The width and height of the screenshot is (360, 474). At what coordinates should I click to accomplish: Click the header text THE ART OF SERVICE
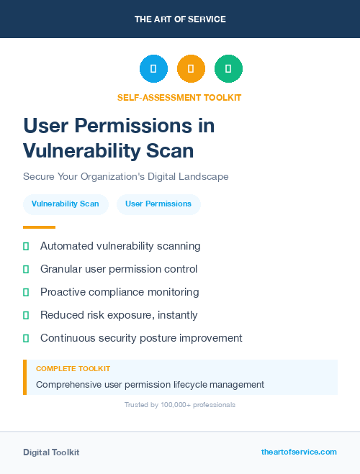180,19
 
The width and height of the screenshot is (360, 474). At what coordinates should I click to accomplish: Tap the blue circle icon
153,69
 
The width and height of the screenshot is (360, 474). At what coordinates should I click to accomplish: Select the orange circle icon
191,69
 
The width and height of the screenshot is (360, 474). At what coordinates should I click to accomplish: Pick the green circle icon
228,69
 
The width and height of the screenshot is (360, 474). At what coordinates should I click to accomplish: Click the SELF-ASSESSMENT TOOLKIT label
179,97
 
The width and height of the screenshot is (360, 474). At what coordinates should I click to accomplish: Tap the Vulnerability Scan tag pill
66,204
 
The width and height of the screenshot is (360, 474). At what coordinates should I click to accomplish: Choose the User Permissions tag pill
158,204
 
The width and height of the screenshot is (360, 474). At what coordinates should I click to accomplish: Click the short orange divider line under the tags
39,227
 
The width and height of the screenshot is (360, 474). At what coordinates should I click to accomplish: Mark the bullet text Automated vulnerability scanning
120,246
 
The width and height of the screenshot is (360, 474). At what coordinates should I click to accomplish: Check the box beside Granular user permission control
26,269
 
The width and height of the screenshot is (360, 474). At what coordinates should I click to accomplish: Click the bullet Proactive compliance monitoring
120,292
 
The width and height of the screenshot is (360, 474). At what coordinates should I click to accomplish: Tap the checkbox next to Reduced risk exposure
26,315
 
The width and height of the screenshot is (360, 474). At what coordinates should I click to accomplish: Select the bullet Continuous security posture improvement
141,338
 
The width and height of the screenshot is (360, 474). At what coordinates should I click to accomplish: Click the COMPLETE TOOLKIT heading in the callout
73,369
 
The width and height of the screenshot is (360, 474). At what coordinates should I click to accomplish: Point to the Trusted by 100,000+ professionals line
179,405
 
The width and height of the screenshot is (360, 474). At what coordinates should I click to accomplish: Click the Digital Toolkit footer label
51,452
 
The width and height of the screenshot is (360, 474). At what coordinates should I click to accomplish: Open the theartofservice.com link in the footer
299,452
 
